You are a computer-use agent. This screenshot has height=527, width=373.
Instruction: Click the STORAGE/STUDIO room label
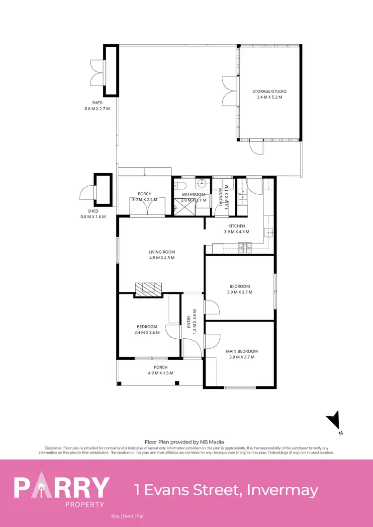click(x=270, y=91)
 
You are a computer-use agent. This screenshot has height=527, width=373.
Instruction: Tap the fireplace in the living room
click(x=148, y=289)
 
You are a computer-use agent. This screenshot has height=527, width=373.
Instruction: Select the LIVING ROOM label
click(x=162, y=252)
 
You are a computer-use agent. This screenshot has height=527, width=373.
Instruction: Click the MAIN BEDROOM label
click(x=243, y=351)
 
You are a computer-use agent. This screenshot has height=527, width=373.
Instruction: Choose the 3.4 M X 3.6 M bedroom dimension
click(x=148, y=332)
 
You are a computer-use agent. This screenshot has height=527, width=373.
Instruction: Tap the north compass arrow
click(x=335, y=421)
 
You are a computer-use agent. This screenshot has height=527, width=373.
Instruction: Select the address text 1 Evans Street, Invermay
click(x=226, y=490)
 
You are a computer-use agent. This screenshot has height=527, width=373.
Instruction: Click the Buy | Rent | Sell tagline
click(x=128, y=516)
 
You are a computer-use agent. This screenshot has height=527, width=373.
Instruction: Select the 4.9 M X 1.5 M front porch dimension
click(x=161, y=373)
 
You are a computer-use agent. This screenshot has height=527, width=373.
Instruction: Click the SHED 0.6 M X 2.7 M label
click(x=97, y=105)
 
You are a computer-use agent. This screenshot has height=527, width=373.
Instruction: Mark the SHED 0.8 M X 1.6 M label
click(x=93, y=214)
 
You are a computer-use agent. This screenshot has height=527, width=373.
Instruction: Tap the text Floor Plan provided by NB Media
click(x=184, y=442)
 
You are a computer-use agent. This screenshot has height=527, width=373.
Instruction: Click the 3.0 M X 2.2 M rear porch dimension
click(x=145, y=199)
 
